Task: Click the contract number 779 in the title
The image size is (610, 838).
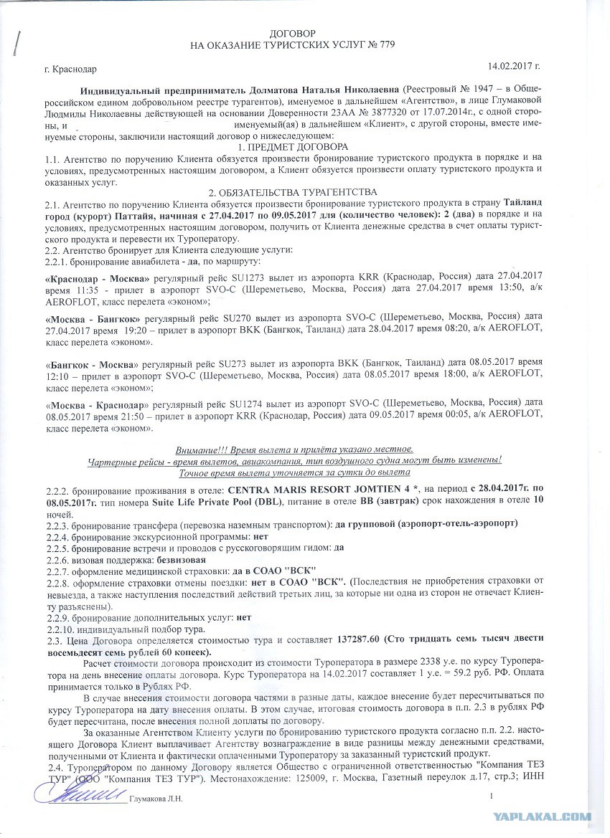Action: point(387,45)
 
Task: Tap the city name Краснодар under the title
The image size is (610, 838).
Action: point(74,70)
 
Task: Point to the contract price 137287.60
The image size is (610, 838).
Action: point(356,638)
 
